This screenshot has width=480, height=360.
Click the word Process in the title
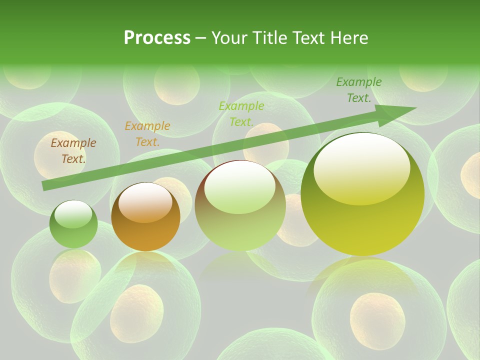pyautogui.click(x=157, y=38)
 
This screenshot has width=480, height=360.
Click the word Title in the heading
pyautogui.click(x=268, y=38)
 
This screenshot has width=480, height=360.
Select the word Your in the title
pyautogui.click(x=228, y=38)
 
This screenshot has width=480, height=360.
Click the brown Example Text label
pyautogui.click(x=73, y=150)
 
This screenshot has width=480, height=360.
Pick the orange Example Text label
pyautogui.click(x=147, y=133)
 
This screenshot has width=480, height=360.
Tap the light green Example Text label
pyautogui.click(x=241, y=113)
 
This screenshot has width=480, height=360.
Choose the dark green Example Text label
pyautogui.click(x=359, y=90)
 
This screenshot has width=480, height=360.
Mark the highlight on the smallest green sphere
pyautogui.click(x=73, y=214)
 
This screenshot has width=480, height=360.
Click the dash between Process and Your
pyautogui.click(x=200, y=38)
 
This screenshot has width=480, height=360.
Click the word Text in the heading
pyautogui.click(x=307, y=38)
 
